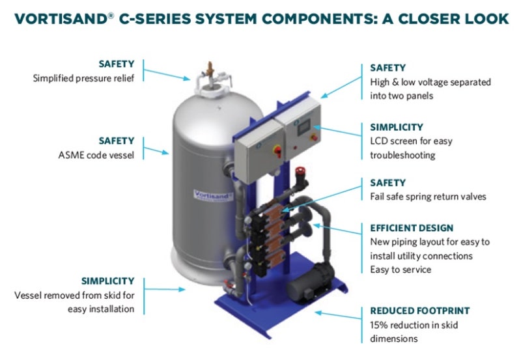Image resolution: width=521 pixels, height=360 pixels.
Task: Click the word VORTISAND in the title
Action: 61,19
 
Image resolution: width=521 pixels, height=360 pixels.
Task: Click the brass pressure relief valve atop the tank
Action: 210,68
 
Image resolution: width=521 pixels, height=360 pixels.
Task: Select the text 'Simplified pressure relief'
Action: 83,78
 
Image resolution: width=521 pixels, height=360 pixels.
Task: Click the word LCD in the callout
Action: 379,141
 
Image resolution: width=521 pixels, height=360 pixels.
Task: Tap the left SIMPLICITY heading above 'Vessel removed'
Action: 107,281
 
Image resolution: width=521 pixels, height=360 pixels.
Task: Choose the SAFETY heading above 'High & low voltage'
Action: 387,68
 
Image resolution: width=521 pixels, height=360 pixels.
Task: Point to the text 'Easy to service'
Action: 400,269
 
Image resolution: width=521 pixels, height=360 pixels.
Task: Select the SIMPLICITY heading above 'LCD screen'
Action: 397,128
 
